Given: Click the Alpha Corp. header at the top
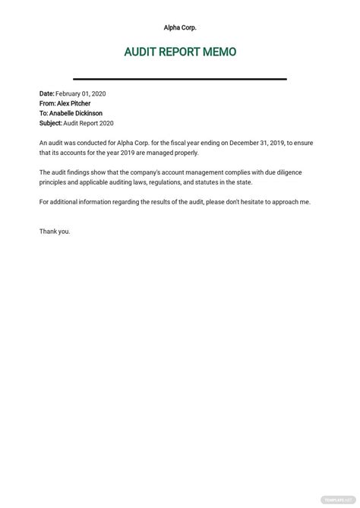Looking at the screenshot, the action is pos(180,27).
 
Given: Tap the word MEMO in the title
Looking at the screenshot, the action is pos(219,52).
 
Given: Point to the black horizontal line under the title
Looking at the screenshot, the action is pos(180,79).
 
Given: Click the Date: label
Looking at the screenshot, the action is pos(47,93).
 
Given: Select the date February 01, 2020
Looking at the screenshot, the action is pos(81,93).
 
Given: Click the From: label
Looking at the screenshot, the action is pos(49,103).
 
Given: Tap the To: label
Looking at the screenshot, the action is pos(45,113).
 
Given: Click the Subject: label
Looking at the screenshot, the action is pos(52,123).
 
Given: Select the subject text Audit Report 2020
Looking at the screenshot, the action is pos(90,123).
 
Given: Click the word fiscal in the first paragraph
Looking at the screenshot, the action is pos(169,143).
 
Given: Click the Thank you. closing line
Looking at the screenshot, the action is pos(55,232).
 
